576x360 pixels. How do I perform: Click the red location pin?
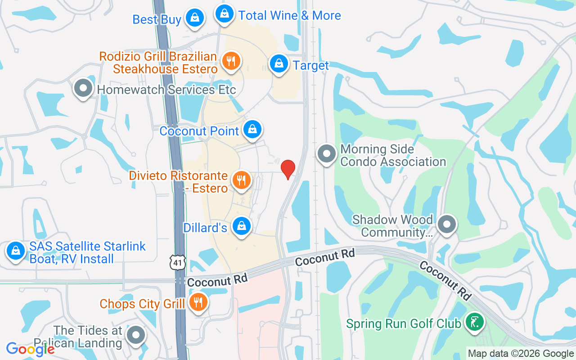[x=288, y=169]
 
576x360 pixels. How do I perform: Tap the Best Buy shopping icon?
[x=194, y=18]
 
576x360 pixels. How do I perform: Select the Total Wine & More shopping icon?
[x=224, y=14]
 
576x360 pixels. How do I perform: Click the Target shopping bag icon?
[x=279, y=64]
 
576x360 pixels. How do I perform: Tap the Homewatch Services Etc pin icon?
[x=83, y=88]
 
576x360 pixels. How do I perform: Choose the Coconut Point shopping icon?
[x=252, y=130]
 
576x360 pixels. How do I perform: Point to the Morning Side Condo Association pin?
[x=327, y=154]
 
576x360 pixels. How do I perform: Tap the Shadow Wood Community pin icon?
[x=447, y=224]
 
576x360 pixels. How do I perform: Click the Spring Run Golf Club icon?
[x=474, y=322]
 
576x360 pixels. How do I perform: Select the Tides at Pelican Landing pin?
[x=135, y=335]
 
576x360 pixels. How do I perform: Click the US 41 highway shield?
[x=178, y=262]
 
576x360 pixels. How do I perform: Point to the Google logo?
[x=31, y=349]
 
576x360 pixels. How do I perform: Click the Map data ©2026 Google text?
[x=521, y=354]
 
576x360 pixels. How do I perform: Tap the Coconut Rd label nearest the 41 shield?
[x=217, y=280]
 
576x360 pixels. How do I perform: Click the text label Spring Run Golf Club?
[x=403, y=324]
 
